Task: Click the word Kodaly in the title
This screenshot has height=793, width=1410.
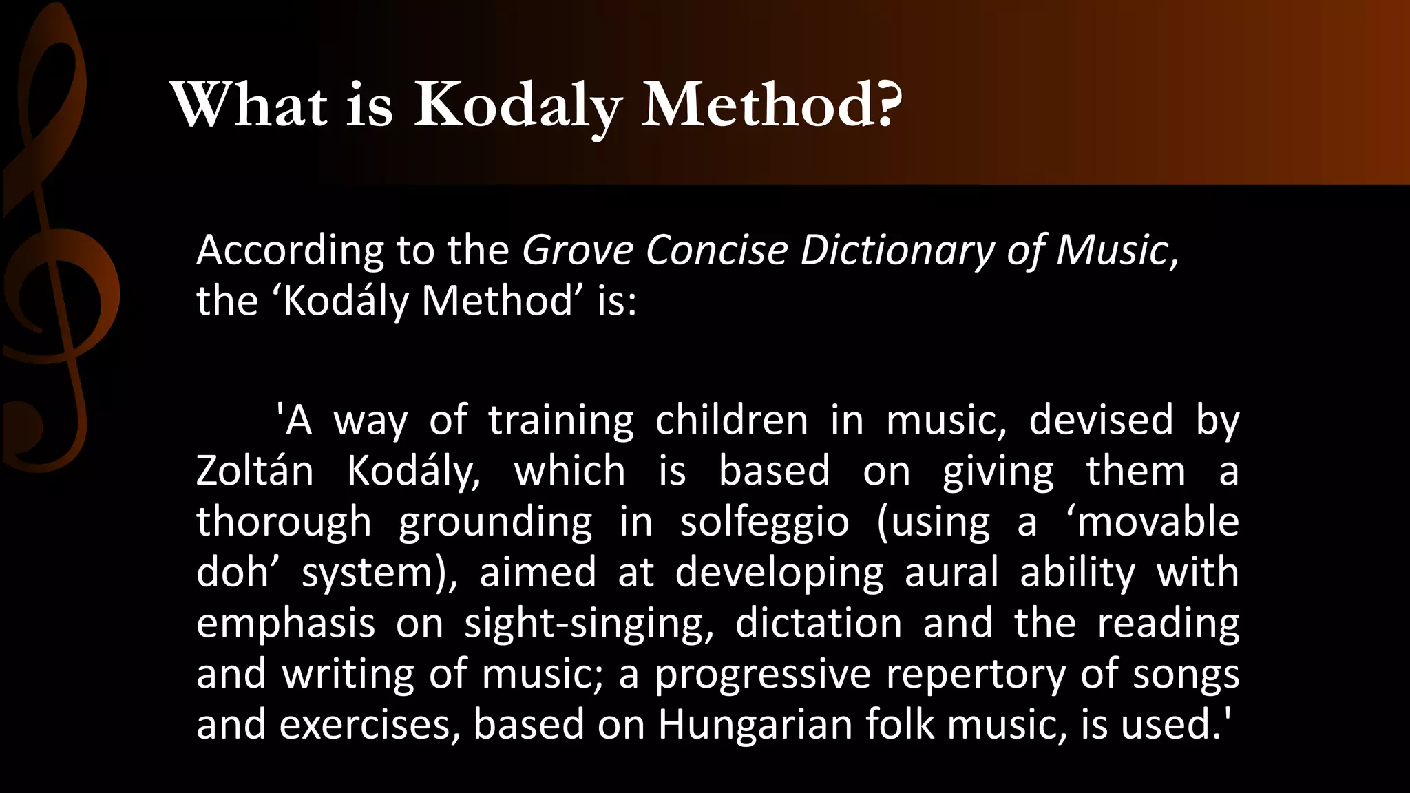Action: pos(517,107)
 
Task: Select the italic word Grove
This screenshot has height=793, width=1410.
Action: pos(577,250)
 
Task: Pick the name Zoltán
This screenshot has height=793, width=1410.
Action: pos(255,472)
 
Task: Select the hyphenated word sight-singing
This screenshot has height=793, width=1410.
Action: pos(589,624)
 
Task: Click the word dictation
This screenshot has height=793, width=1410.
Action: pos(819,623)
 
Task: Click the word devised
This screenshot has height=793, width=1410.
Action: pos(1101,421)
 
